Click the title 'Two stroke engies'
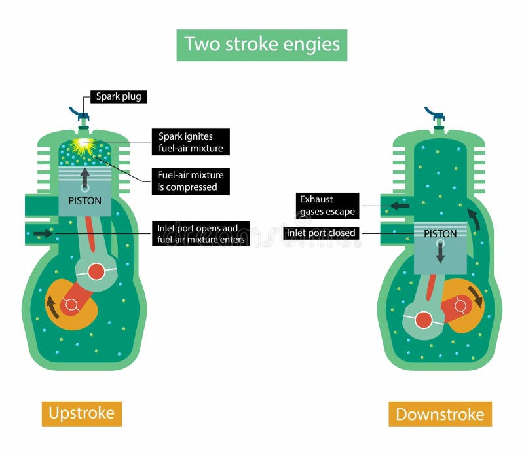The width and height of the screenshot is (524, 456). [x=262, y=44]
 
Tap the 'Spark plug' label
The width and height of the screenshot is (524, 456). [x=118, y=96]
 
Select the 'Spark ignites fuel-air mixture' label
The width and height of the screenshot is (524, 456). [x=191, y=142]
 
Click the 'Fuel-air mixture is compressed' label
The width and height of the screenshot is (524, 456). [x=191, y=181]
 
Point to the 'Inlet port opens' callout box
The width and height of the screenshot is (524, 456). [x=200, y=234]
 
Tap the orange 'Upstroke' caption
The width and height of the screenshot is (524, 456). [x=82, y=413]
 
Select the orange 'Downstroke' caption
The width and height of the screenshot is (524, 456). [x=440, y=414]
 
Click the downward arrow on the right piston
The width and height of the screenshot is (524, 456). [x=440, y=251]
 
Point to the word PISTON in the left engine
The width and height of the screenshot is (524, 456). [x=85, y=201]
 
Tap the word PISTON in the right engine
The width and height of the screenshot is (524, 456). [x=440, y=233]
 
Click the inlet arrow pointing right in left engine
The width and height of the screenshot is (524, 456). [x=43, y=233]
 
